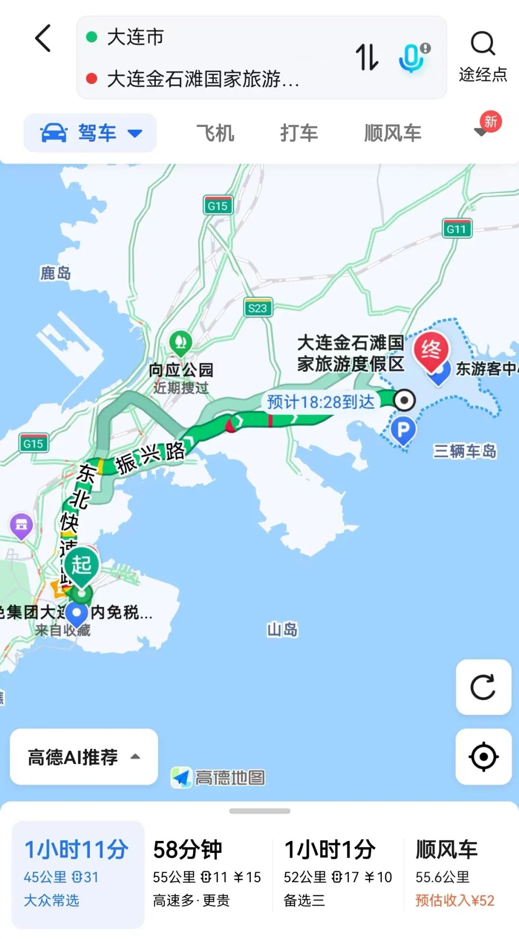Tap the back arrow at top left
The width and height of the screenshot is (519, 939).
tap(43, 38)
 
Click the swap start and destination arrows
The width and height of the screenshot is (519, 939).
tap(367, 57)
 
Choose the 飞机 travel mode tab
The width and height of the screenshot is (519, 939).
tap(215, 133)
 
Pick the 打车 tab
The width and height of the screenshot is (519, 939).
tap(299, 133)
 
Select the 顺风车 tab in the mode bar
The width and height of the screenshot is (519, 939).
tap(393, 133)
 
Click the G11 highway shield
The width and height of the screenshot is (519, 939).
tap(457, 229)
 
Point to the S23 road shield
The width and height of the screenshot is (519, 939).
tap(258, 308)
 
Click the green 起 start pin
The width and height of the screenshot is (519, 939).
tap(81, 566)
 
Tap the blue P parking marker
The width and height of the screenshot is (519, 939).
tap(403, 429)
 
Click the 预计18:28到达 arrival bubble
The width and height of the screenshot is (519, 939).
tap(321, 401)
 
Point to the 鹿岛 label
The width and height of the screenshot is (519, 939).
tap(55, 273)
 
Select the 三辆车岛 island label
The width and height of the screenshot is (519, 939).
tap(464, 451)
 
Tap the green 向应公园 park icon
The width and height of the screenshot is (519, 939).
tap(181, 343)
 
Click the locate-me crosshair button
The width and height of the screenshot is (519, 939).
tap(483, 756)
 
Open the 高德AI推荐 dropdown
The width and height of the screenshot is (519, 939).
tap(84, 757)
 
